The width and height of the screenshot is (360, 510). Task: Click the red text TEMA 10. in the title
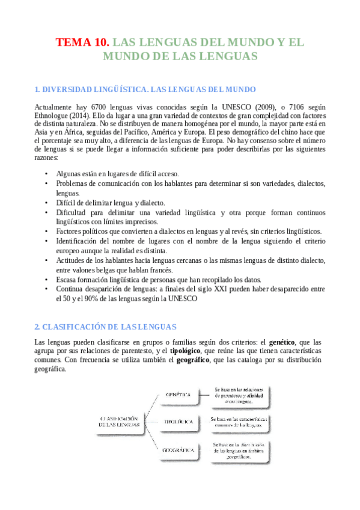click(83, 43)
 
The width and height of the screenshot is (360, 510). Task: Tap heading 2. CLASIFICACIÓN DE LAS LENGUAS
click(105, 327)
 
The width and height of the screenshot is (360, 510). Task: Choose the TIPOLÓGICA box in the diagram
click(178, 422)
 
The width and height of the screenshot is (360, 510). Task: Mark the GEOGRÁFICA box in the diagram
click(178, 449)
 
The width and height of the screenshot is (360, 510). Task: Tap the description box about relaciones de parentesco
click(238, 395)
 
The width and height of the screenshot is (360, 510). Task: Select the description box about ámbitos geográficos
click(238, 450)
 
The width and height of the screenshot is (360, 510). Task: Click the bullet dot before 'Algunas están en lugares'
click(47, 174)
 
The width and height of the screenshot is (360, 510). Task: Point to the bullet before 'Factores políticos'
click(47, 232)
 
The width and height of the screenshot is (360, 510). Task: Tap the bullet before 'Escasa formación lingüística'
click(47, 280)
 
